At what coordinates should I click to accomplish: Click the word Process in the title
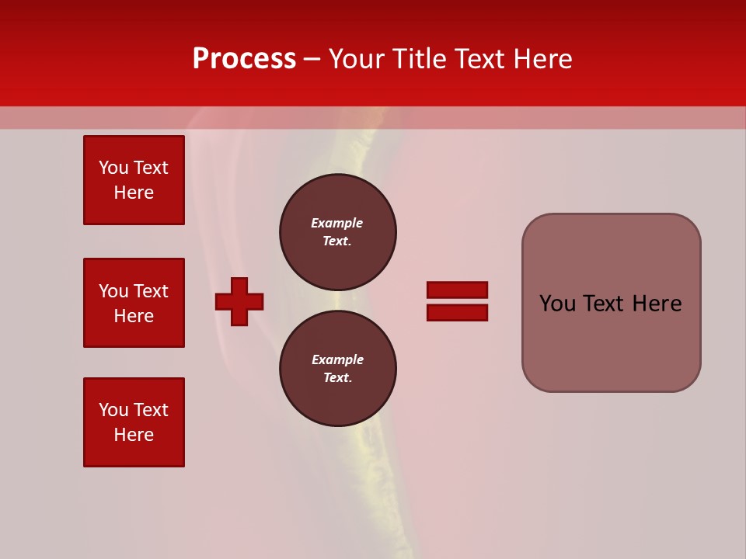click(x=244, y=59)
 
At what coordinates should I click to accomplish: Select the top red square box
click(x=134, y=180)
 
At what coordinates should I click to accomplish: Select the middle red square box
click(x=134, y=303)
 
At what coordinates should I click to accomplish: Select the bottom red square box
click(x=134, y=422)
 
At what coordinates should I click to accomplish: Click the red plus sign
click(x=239, y=301)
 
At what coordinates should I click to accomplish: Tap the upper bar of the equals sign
click(x=457, y=290)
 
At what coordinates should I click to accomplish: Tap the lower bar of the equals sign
click(x=457, y=312)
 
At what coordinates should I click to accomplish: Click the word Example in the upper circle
click(x=337, y=223)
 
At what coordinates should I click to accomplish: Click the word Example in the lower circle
click(x=337, y=359)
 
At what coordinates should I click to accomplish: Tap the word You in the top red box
click(x=113, y=168)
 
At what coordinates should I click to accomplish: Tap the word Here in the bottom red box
click(x=134, y=435)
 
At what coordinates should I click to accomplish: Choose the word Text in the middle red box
click(x=151, y=291)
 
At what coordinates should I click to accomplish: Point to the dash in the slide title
click(x=312, y=59)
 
